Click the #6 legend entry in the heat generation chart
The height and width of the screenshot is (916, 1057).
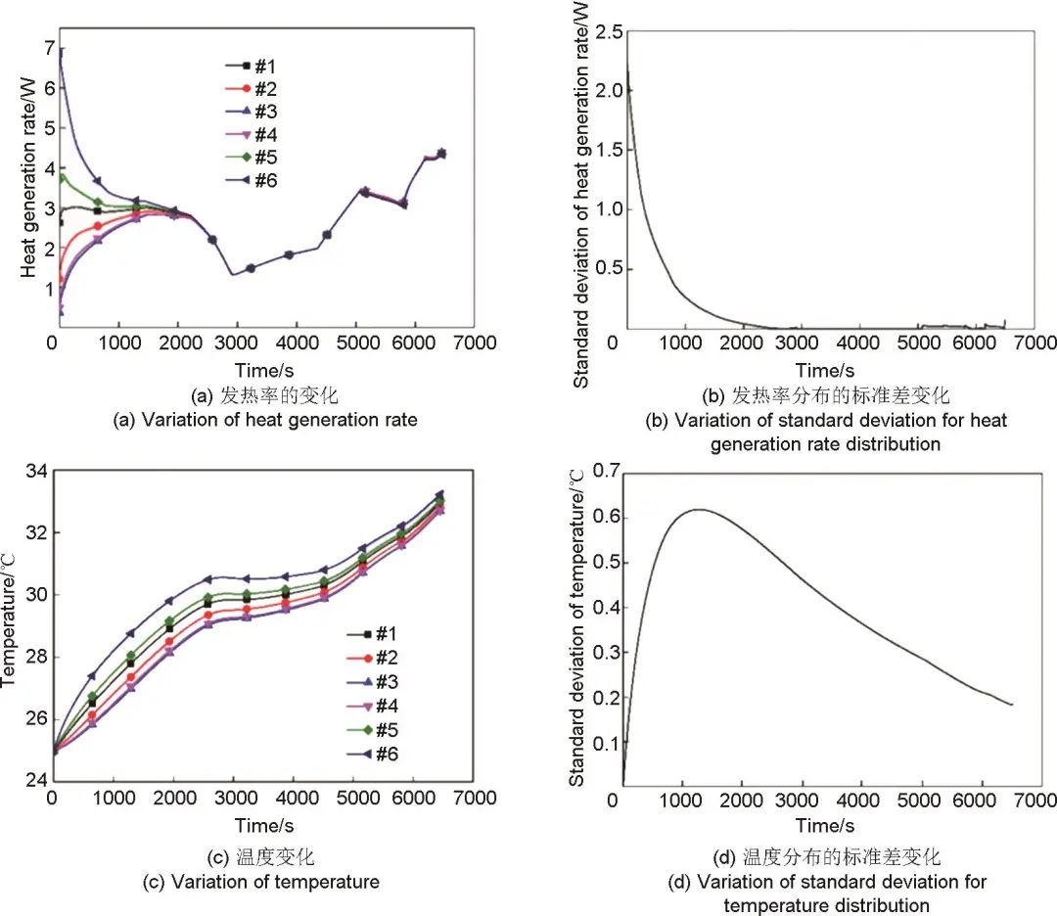click(254, 180)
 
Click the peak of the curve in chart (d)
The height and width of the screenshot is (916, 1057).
click(700, 509)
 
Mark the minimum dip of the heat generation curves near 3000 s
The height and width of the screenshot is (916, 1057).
click(232, 275)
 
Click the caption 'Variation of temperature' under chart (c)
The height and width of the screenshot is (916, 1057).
click(275, 882)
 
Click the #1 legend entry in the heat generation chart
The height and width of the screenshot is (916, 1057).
click(254, 67)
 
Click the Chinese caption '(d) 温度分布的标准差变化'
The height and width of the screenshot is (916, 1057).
click(828, 857)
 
